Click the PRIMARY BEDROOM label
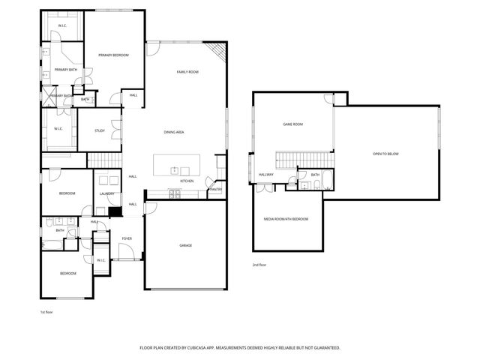(113, 55)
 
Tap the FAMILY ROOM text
(187, 72)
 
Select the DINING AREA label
(174, 133)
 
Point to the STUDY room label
(100, 131)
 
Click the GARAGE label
(185, 245)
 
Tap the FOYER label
(127, 238)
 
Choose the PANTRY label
(215, 189)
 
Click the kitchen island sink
(173, 169)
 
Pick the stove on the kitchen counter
(174, 193)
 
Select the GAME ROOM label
(292, 124)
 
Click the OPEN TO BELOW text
(385, 154)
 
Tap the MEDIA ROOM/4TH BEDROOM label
(286, 218)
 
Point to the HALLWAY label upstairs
(266, 175)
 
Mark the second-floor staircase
(304, 159)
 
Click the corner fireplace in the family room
(217, 52)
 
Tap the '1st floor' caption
(46, 312)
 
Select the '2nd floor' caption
(259, 265)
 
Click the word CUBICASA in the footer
(214, 348)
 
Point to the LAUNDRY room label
(106, 194)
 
